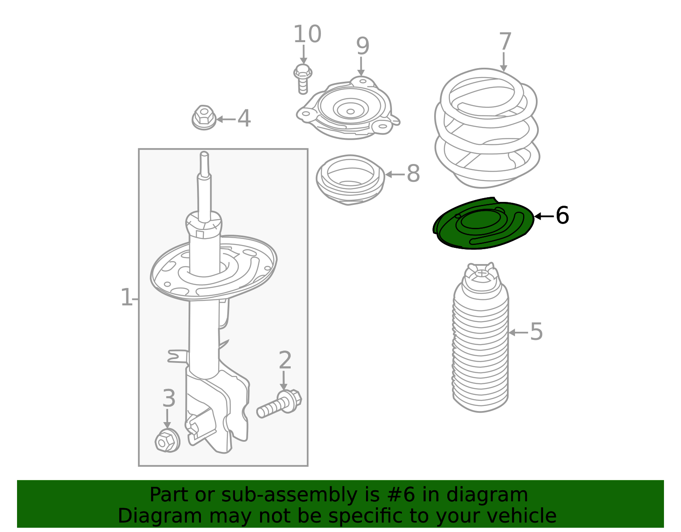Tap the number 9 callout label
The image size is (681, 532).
click(363, 46)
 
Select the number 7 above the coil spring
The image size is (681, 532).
click(505, 41)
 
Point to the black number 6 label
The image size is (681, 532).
click(562, 216)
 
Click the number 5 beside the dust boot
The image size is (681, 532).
click(536, 332)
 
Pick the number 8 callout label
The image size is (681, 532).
click(413, 173)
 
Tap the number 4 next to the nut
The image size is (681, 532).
click(244, 118)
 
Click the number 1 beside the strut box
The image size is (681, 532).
click(126, 297)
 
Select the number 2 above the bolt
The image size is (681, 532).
click(285, 360)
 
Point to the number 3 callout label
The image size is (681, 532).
click(169, 398)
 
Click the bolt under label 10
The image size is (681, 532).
click(303, 79)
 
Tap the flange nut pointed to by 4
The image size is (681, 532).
click(204, 118)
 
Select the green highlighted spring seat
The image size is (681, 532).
click(483, 223)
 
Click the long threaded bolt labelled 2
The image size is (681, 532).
click(279, 404)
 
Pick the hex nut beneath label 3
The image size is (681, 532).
click(167, 441)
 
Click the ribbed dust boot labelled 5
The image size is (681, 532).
click(481, 337)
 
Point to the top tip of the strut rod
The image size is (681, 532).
click(204, 152)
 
